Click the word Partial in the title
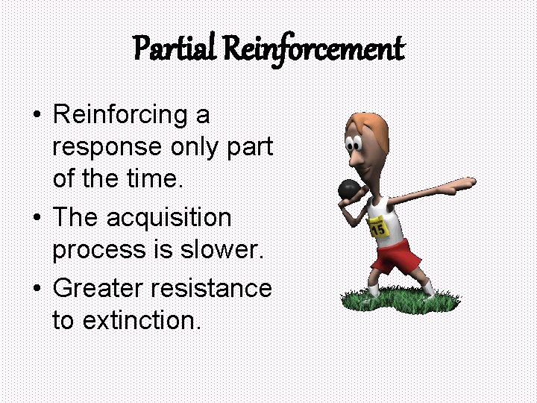[174, 50]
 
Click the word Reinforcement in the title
[313, 50]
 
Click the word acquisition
[169, 218]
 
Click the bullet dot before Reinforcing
[36, 116]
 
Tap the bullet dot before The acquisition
[36, 219]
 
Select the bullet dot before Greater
[36, 287]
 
